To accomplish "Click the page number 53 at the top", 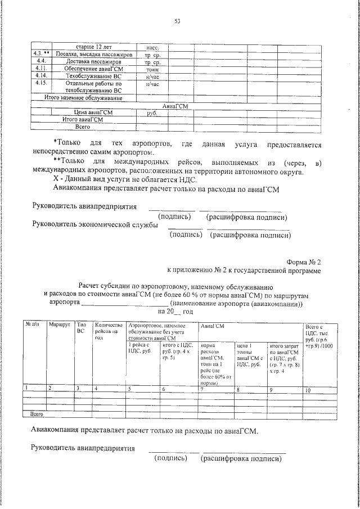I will pyautogui.click(x=177, y=22).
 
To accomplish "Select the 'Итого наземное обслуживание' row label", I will pyautogui.click(x=83, y=98).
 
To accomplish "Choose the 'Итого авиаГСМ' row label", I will pyautogui.click(x=83, y=120).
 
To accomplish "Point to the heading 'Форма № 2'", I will pyautogui.click(x=304, y=262).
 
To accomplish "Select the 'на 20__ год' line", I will pyautogui.click(x=175, y=311).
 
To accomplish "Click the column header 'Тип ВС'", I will pyautogui.click(x=82, y=328).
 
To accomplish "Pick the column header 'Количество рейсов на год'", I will pyautogui.click(x=109, y=331).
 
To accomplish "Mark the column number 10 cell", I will pyautogui.click(x=307, y=389).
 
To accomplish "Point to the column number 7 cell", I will pyautogui.click(x=202, y=389).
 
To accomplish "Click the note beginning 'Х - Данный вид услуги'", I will pyautogui.click(x=124, y=179).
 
